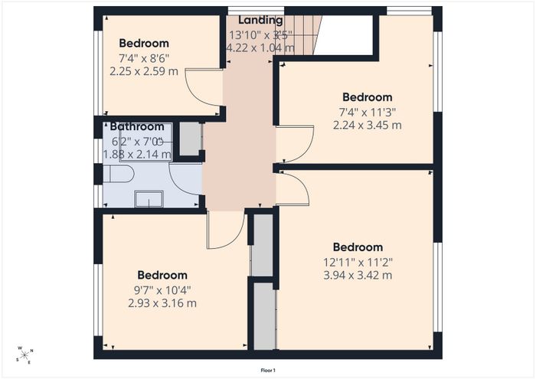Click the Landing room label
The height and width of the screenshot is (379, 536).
point(260,20)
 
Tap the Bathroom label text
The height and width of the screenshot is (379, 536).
point(137,126)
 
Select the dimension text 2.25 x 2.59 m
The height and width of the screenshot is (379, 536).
point(144,71)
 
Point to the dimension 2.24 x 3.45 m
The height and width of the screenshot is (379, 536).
point(367,125)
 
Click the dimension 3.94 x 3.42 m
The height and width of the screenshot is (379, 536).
point(358,275)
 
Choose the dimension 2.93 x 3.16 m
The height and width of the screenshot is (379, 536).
point(162,303)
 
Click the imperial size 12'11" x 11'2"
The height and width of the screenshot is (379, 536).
point(358,263)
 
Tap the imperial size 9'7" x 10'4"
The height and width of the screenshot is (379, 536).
point(162,290)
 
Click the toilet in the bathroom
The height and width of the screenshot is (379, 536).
point(118,174)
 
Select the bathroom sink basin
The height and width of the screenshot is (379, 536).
point(149,199)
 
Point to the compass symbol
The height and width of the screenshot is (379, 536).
point(25,355)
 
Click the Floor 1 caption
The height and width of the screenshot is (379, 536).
point(268,371)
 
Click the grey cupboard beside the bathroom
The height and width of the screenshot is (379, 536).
point(190,139)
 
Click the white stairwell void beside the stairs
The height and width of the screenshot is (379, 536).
point(343,35)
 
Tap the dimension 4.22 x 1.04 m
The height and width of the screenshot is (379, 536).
point(260,47)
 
